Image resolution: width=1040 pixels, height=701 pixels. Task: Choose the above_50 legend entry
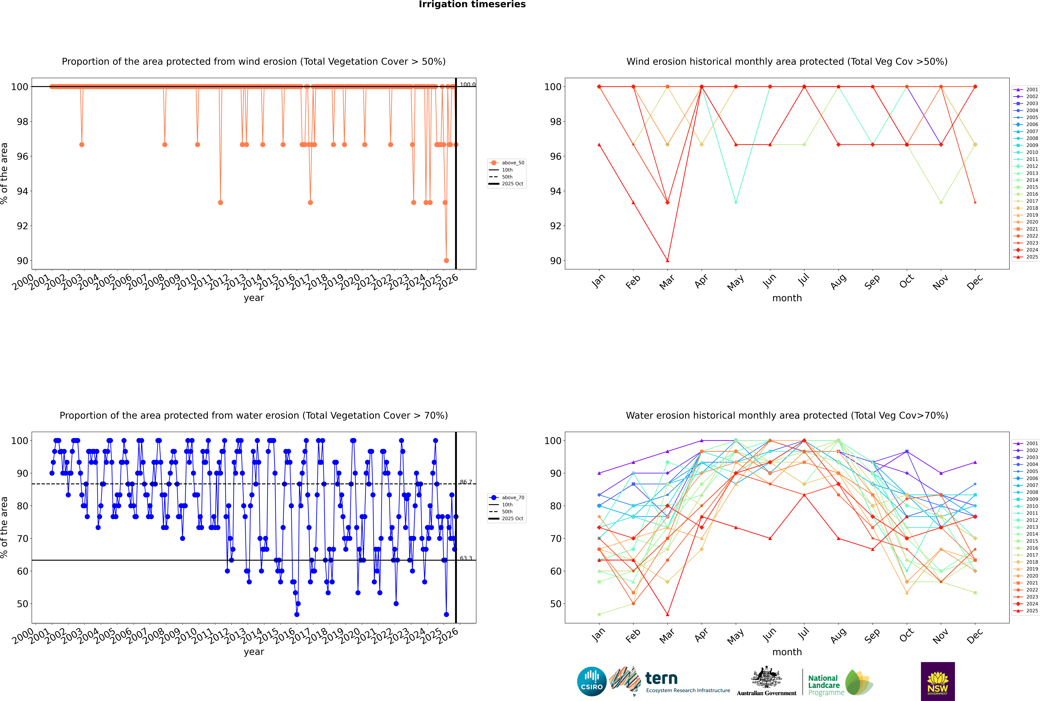pos(507,163)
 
